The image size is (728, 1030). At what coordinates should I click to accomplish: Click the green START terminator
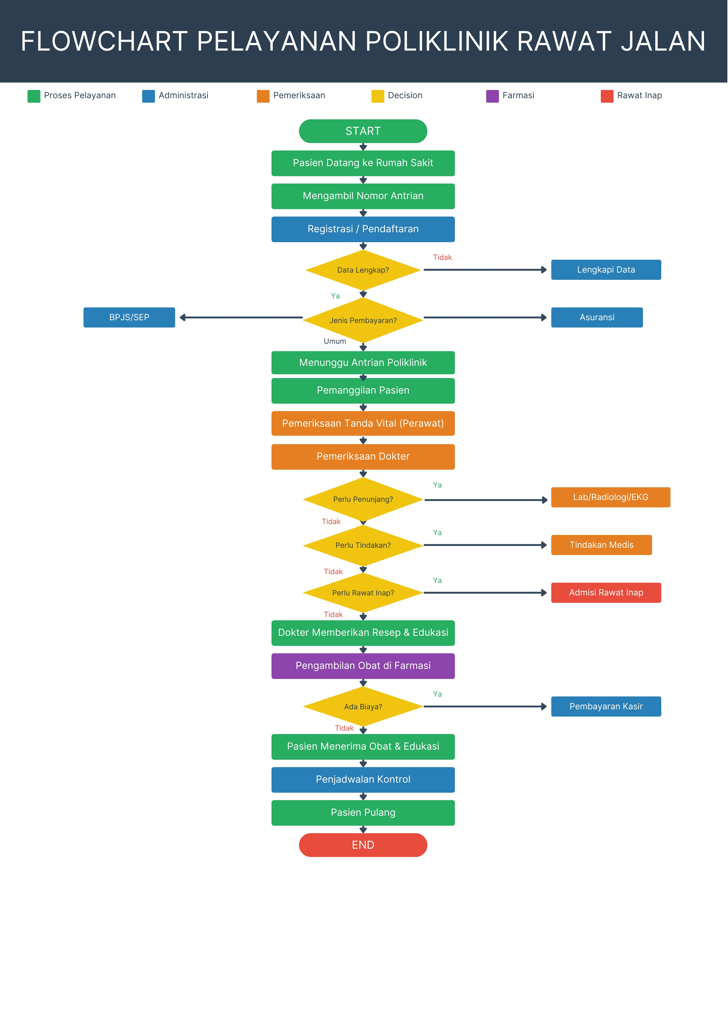363,131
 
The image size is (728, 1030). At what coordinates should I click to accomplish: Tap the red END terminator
363,845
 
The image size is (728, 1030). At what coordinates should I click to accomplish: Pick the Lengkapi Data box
606,270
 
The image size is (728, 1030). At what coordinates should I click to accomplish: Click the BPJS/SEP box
129,317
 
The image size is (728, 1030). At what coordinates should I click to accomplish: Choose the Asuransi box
597,317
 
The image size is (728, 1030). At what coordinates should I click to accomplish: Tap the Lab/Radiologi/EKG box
611,497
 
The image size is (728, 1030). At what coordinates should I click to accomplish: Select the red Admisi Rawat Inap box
606,593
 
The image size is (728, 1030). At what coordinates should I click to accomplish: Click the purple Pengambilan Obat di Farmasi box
363,666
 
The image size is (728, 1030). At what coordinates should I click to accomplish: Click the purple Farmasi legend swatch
493,96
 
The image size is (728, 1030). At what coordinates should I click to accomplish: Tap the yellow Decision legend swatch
378,96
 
